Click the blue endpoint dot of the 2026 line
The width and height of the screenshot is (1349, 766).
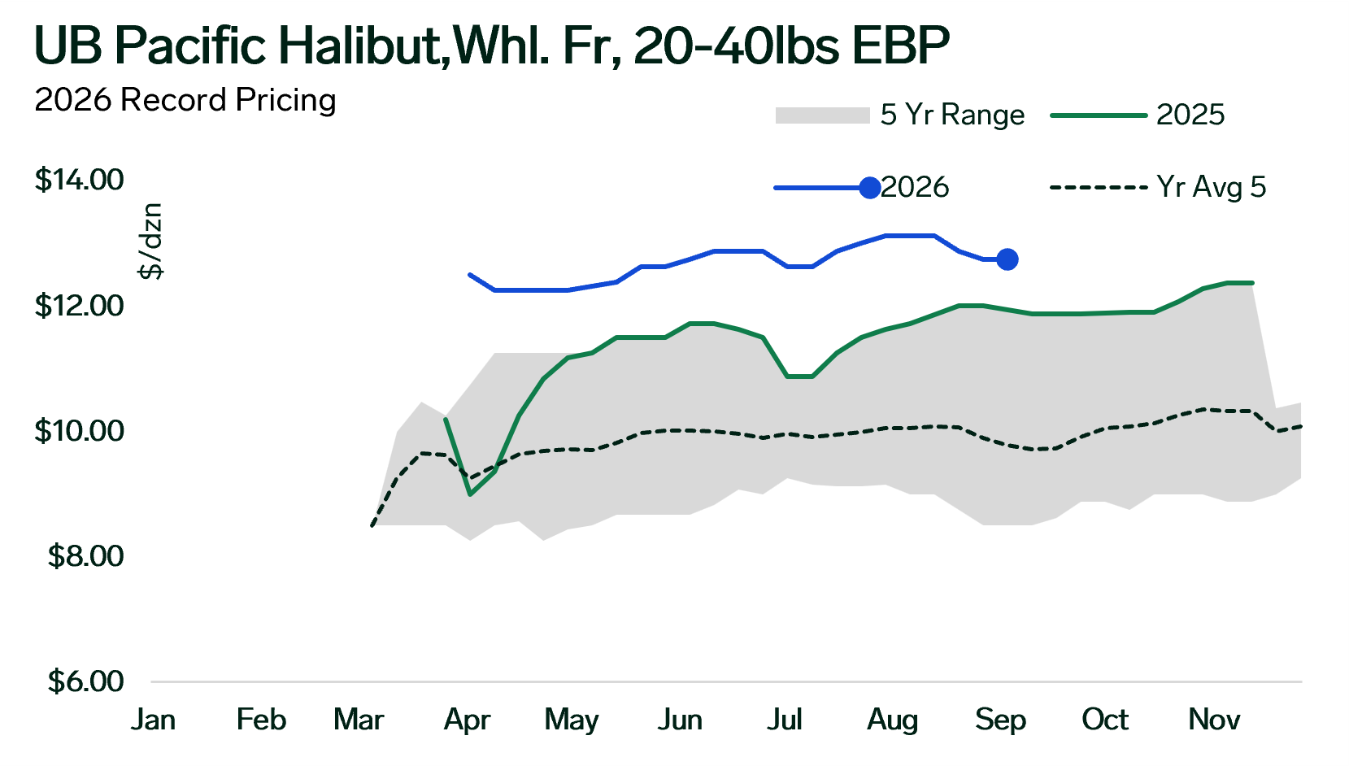click(1007, 259)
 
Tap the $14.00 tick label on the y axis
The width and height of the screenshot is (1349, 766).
click(80, 180)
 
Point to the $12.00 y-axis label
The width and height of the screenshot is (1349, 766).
click(80, 306)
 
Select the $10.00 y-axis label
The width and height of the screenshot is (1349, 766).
click(80, 431)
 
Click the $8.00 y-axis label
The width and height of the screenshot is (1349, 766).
click(85, 556)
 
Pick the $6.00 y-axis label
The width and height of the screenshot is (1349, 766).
click(85, 681)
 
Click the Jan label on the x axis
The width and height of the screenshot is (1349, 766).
click(153, 720)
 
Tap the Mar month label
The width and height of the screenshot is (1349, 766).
click(359, 720)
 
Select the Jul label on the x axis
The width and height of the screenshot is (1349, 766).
click(784, 720)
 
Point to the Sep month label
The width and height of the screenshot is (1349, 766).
click(1000, 720)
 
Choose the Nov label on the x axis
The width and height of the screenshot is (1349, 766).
click(1214, 720)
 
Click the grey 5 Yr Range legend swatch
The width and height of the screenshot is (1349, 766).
click(823, 115)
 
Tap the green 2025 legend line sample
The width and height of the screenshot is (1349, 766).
click(1099, 115)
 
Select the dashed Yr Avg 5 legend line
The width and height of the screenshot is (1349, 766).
click(1099, 188)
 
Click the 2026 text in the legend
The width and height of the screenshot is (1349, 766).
click(915, 188)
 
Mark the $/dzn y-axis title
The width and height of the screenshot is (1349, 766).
click(150, 242)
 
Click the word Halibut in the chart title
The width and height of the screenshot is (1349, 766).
click(359, 46)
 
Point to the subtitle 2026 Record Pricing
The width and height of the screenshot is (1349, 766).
click(185, 101)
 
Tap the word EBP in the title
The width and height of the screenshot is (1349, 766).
click(900, 46)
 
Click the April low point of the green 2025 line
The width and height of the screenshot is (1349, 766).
click(470, 494)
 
